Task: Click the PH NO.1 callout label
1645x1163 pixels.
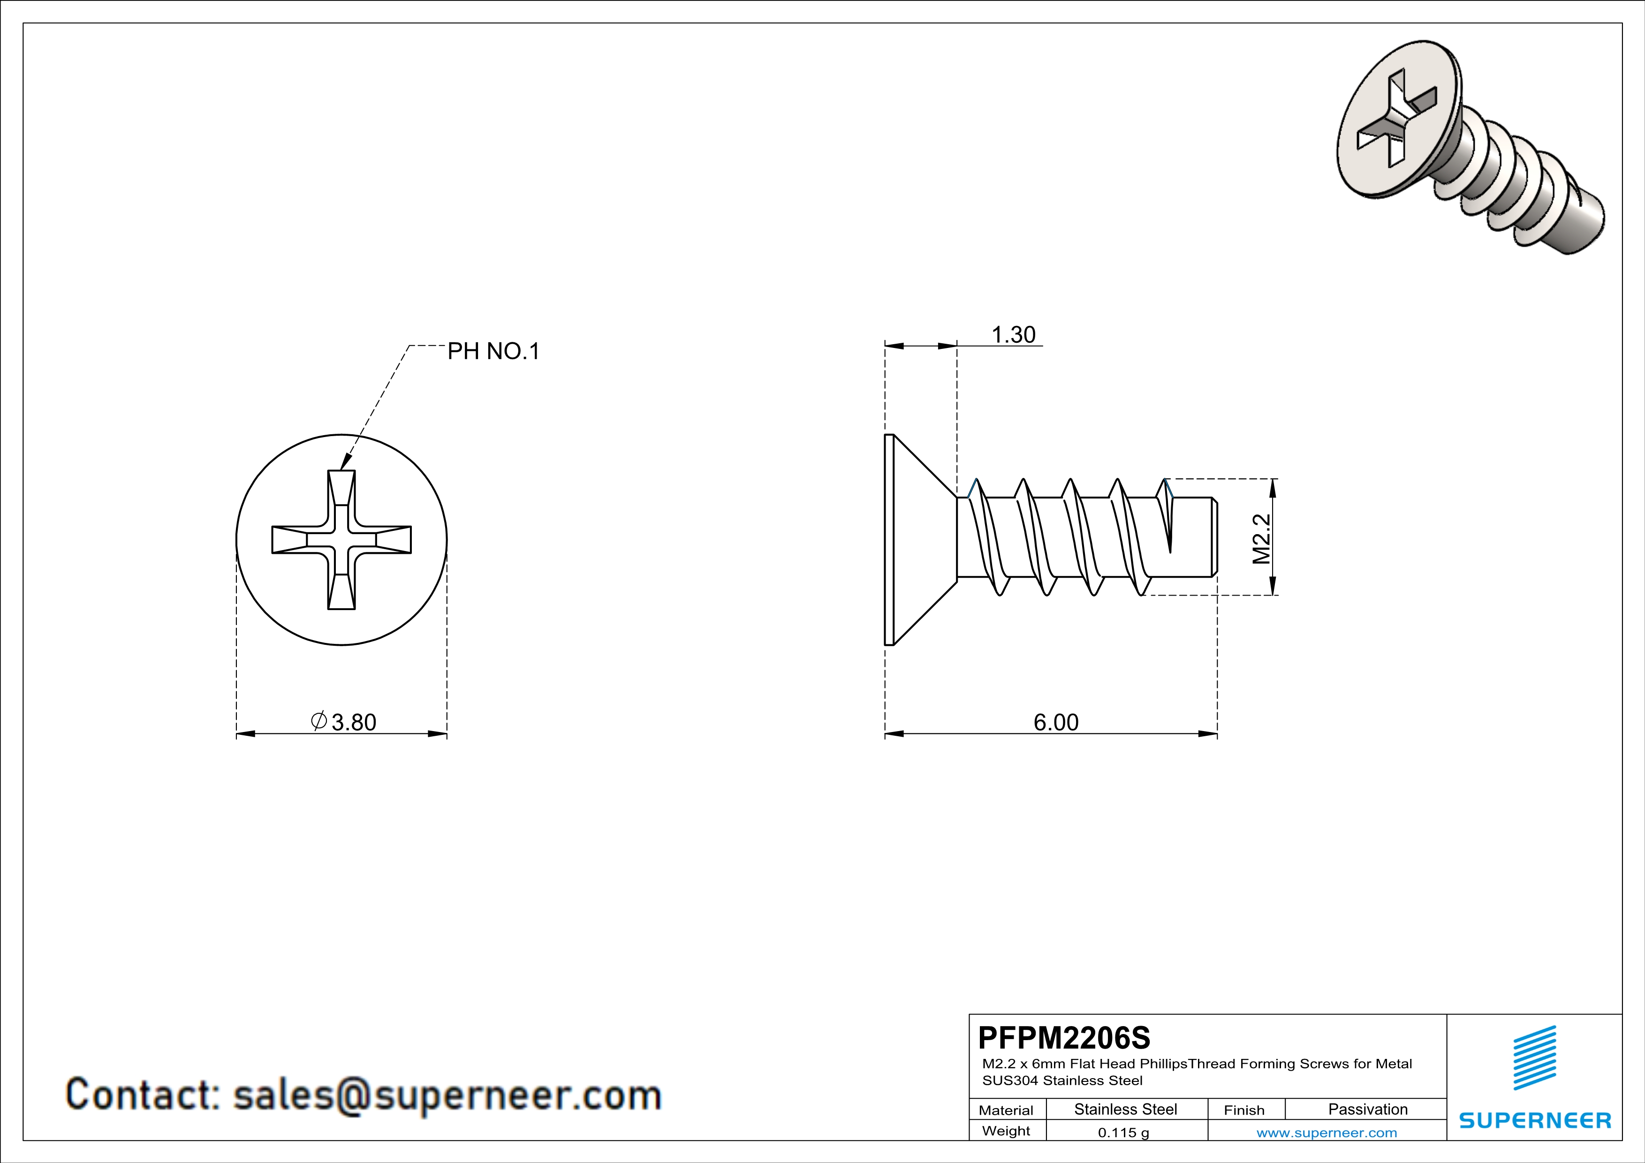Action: [x=493, y=351]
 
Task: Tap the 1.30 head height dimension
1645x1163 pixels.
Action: [x=1013, y=334]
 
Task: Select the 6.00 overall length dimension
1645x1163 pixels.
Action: [x=1055, y=722]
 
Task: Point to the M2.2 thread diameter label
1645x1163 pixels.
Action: [x=1261, y=538]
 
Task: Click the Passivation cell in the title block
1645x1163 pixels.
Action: [x=1368, y=1109]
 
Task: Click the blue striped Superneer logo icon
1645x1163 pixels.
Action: [x=1535, y=1058]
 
